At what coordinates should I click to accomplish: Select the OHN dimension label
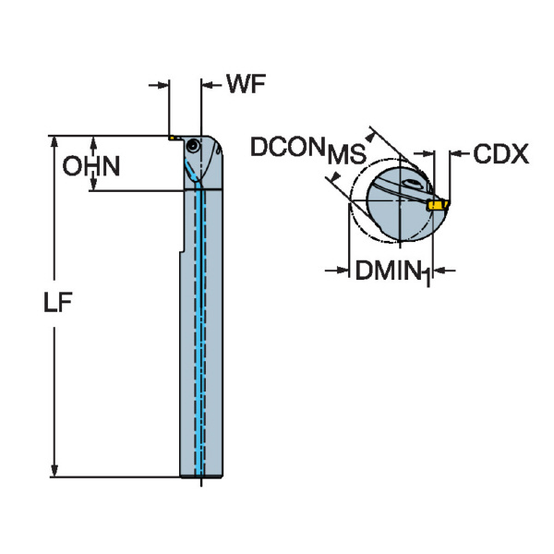(x=90, y=166)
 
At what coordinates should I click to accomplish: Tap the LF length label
(x=58, y=305)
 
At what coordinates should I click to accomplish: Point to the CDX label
(x=500, y=154)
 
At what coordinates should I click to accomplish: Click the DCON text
(x=287, y=146)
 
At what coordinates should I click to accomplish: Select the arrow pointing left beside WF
(x=209, y=86)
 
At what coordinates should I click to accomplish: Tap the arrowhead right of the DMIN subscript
(x=438, y=271)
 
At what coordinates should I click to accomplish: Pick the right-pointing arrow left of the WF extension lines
(x=163, y=86)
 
